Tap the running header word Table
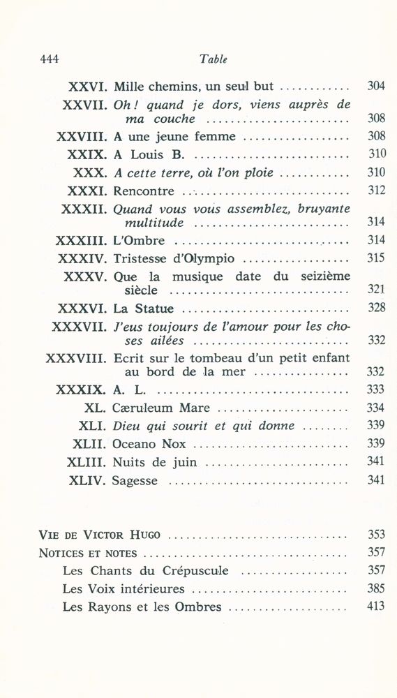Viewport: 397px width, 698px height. [214, 59]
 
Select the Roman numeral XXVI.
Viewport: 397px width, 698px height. [87, 87]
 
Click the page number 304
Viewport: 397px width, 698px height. [376, 87]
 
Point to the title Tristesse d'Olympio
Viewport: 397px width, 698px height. [174, 258]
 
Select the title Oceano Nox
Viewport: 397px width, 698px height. [148, 444]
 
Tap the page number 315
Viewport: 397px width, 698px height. [376, 258]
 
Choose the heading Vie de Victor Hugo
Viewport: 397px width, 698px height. [99, 535]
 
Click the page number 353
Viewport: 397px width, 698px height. [376, 535]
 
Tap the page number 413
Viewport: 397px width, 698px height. [376, 607]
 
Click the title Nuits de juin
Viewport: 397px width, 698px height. [155, 462]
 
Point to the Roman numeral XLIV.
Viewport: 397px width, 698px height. [87, 480]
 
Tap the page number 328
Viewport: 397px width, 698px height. [376, 308]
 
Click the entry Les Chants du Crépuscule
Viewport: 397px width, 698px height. [145, 571]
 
